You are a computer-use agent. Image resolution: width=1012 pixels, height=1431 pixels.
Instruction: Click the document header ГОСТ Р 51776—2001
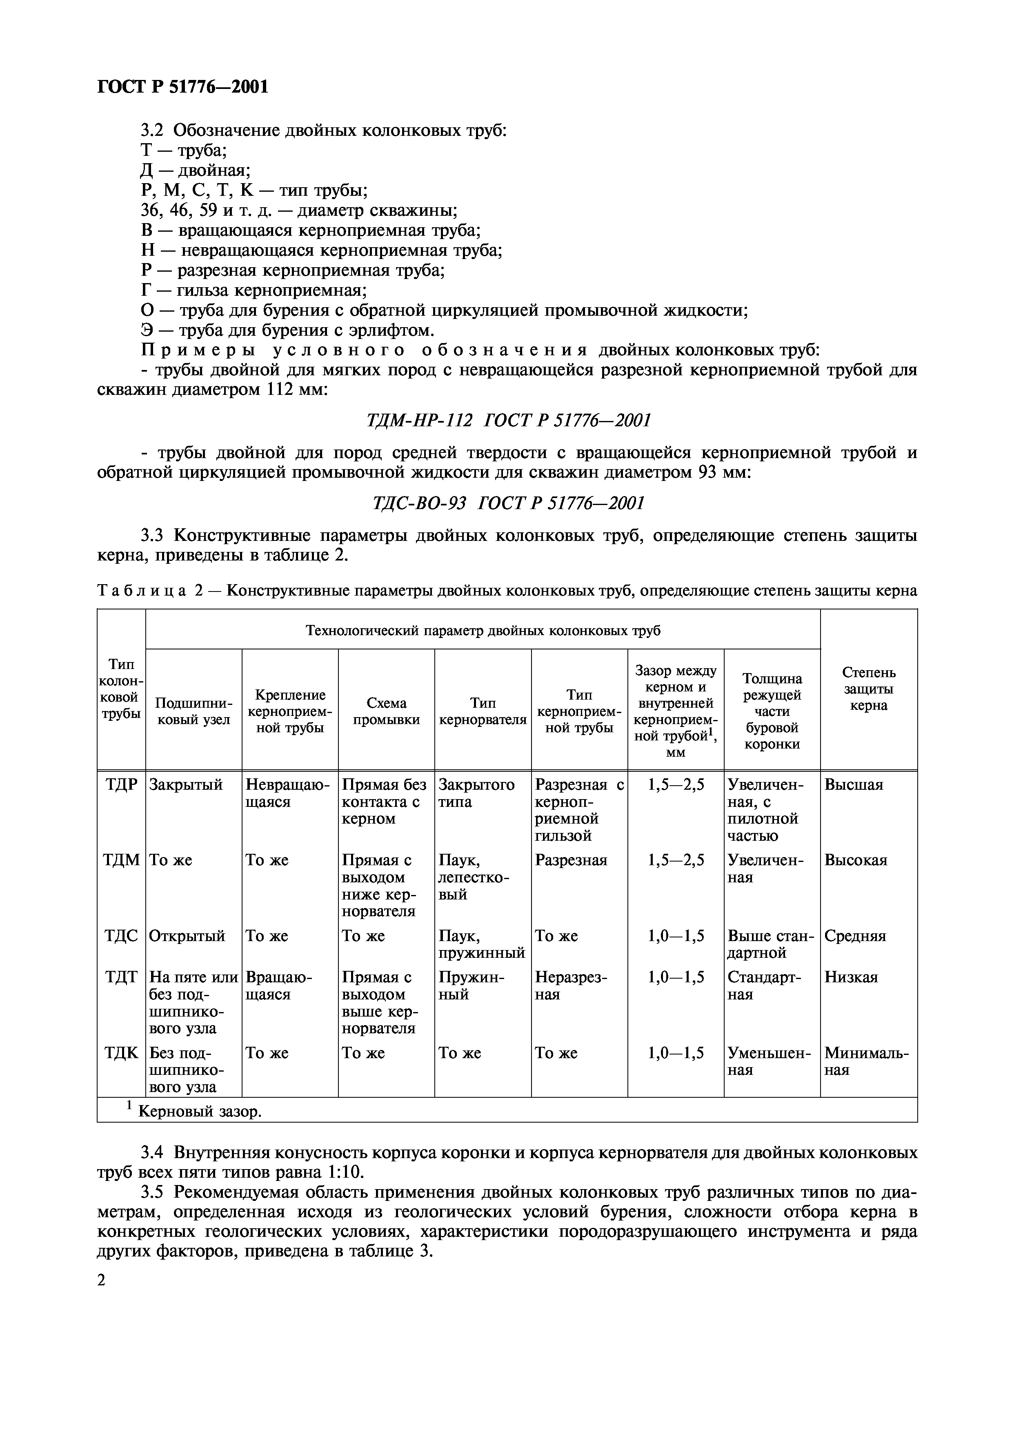183,86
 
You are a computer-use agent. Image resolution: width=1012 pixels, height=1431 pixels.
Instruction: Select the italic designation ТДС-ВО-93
419,503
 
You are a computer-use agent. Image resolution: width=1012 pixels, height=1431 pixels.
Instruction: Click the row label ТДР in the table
121,785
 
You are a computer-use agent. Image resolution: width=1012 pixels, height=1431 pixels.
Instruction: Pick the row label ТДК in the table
121,1053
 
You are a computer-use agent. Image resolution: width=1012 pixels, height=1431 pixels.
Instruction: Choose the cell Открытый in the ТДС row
187,936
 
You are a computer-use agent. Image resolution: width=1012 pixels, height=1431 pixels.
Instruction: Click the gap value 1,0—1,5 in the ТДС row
676,936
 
